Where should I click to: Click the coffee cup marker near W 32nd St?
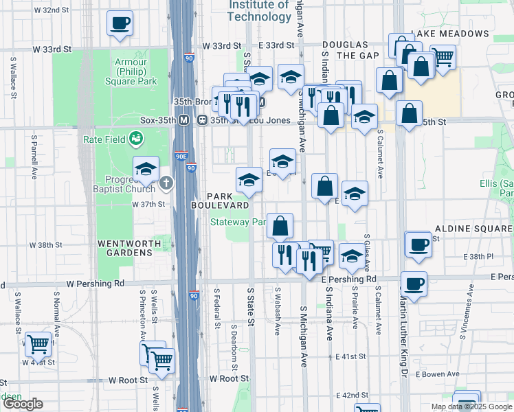(x=120, y=23)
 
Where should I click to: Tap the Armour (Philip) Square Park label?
(x=135, y=71)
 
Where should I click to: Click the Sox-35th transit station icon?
(x=184, y=119)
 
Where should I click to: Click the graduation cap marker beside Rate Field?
(x=146, y=169)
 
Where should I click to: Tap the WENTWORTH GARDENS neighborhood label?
(x=124, y=248)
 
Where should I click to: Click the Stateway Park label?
(x=238, y=222)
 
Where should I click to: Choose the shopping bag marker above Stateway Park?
(x=280, y=226)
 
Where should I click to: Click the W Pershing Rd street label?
(x=96, y=283)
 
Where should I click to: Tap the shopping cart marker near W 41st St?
(x=38, y=342)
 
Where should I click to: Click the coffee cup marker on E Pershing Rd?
(x=413, y=284)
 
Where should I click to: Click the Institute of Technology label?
(x=259, y=10)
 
